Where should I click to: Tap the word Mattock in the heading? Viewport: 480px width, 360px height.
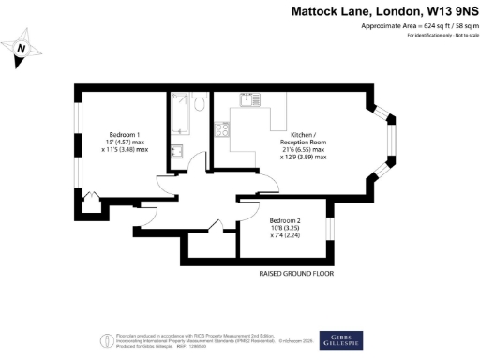pyautogui.click(x=319, y=11)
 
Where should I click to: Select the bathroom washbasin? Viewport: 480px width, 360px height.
pyautogui.click(x=176, y=150)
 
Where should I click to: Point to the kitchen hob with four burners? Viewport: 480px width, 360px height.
pyautogui.click(x=223, y=129)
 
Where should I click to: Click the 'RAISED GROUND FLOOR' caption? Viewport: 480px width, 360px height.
pyautogui.click(x=296, y=274)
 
